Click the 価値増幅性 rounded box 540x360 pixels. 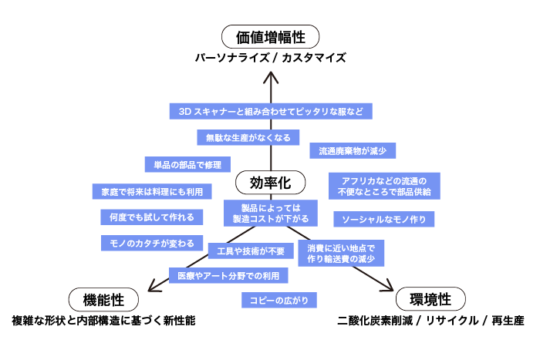270,36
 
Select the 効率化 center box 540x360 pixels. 269,182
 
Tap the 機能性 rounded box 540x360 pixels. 103,299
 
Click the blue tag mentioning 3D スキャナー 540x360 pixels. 271,112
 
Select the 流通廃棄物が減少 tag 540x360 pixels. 353,151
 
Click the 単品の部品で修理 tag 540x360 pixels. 187,164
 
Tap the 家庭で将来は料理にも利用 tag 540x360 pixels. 146,190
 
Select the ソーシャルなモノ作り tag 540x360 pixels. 383,219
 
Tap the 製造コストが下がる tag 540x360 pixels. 270,213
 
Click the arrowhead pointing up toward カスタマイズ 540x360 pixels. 270,77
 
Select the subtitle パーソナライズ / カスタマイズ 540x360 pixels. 270,58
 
